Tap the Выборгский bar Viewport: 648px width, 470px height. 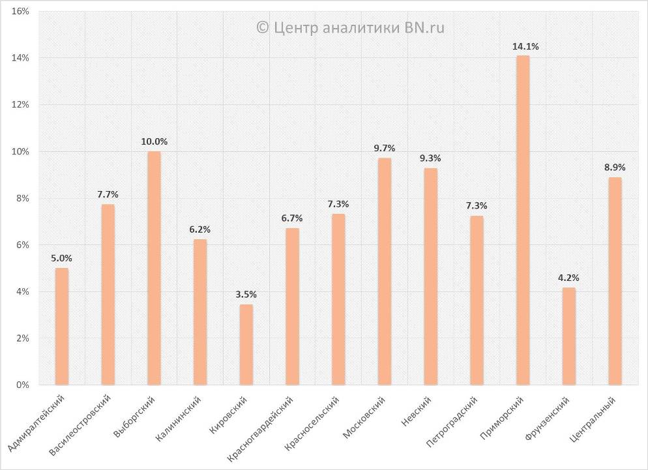154,268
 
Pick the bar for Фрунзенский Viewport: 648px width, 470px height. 568,336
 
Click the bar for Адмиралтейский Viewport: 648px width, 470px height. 61,327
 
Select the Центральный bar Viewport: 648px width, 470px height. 615,281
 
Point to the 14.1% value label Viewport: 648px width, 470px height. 525,47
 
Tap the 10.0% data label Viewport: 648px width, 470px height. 155,141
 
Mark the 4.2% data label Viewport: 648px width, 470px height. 568,278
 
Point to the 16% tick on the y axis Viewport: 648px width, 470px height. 20,12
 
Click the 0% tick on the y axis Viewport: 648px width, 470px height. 22,385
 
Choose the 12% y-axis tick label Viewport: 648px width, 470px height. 20,105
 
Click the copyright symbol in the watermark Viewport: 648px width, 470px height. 262,27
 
